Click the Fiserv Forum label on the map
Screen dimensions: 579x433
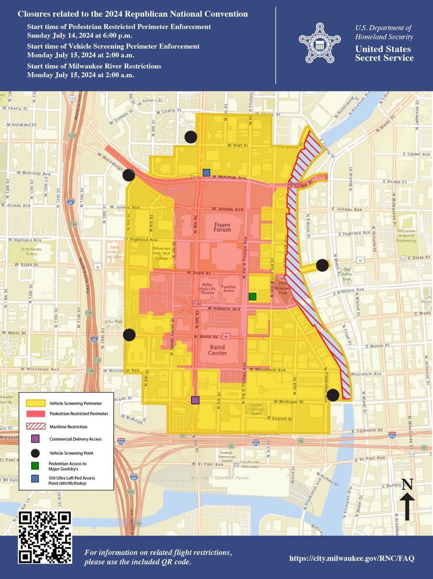pyautogui.click(x=222, y=226)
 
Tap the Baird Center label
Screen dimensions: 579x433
pyautogui.click(x=217, y=349)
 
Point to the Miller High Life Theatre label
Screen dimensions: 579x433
pyautogui.click(x=207, y=289)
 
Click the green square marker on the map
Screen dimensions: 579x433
pyautogui.click(x=252, y=296)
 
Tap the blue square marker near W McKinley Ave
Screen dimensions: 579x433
pyautogui.click(x=206, y=172)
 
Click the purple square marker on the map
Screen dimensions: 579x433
pyautogui.click(x=195, y=400)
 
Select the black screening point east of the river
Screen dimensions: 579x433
pyautogui.click(x=322, y=265)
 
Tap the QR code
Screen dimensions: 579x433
pyautogui.click(x=45, y=537)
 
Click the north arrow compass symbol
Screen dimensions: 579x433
pyautogui.click(x=407, y=501)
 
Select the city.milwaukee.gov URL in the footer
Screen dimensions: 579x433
pyautogui.click(x=352, y=558)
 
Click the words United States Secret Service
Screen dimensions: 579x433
pyautogui.click(x=384, y=54)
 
